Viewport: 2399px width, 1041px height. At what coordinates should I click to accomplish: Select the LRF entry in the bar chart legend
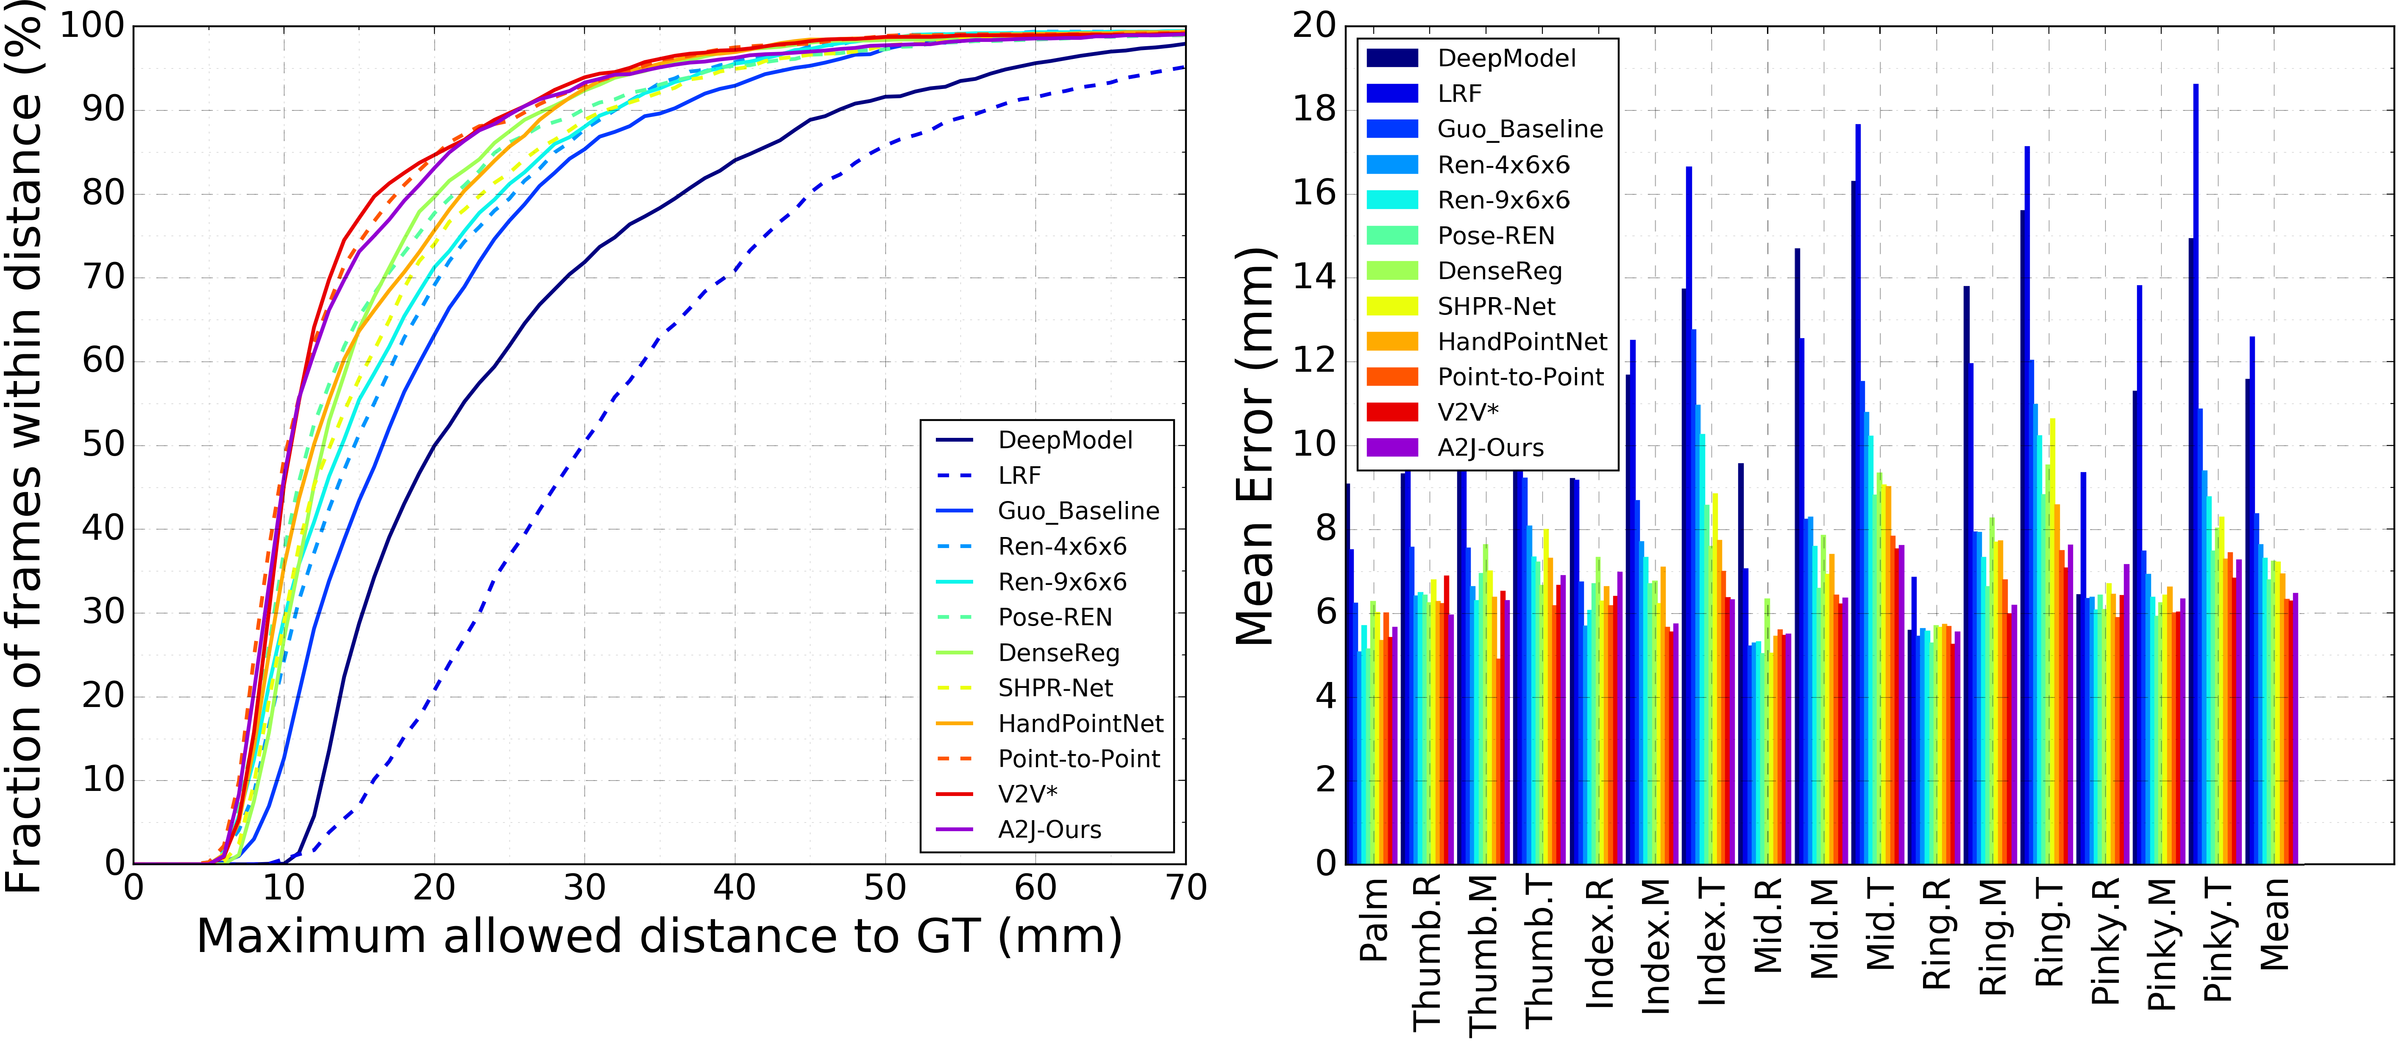tap(1459, 93)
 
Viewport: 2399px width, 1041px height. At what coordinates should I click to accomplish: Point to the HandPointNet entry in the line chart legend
tap(1080, 724)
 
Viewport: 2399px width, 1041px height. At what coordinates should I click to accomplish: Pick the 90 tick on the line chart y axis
tap(103, 110)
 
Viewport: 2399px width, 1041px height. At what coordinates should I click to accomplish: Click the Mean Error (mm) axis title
tap(1255, 447)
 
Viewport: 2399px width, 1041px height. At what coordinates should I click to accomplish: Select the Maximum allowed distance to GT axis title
tap(660, 936)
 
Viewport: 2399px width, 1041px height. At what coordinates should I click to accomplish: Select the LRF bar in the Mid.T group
tap(1858, 493)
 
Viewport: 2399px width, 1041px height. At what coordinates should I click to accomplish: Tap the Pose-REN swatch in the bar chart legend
tap(1392, 236)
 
